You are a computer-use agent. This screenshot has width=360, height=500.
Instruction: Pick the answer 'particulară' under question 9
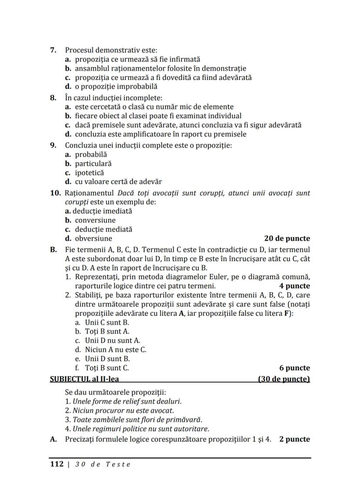[93, 163]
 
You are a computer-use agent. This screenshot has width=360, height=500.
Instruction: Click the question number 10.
[56, 193]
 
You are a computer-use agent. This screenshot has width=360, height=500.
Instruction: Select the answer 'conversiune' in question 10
[95, 220]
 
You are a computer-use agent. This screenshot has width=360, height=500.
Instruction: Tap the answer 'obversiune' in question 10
[93, 238]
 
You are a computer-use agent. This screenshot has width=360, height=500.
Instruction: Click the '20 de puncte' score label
[287, 238]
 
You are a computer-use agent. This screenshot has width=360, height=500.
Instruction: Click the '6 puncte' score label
[294, 368]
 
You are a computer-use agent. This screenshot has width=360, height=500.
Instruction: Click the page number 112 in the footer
[57, 464]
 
